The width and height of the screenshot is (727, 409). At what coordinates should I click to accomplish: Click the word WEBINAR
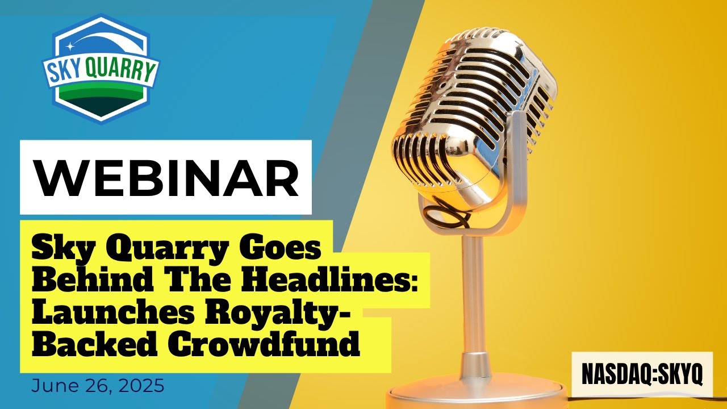(166, 177)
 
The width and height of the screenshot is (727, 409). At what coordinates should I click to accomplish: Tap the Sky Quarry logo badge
(101, 68)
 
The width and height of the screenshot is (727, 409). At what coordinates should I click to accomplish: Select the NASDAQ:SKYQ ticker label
(642, 374)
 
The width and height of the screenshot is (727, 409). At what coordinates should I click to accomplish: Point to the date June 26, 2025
(98, 386)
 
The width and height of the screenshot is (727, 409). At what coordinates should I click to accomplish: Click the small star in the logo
(70, 45)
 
